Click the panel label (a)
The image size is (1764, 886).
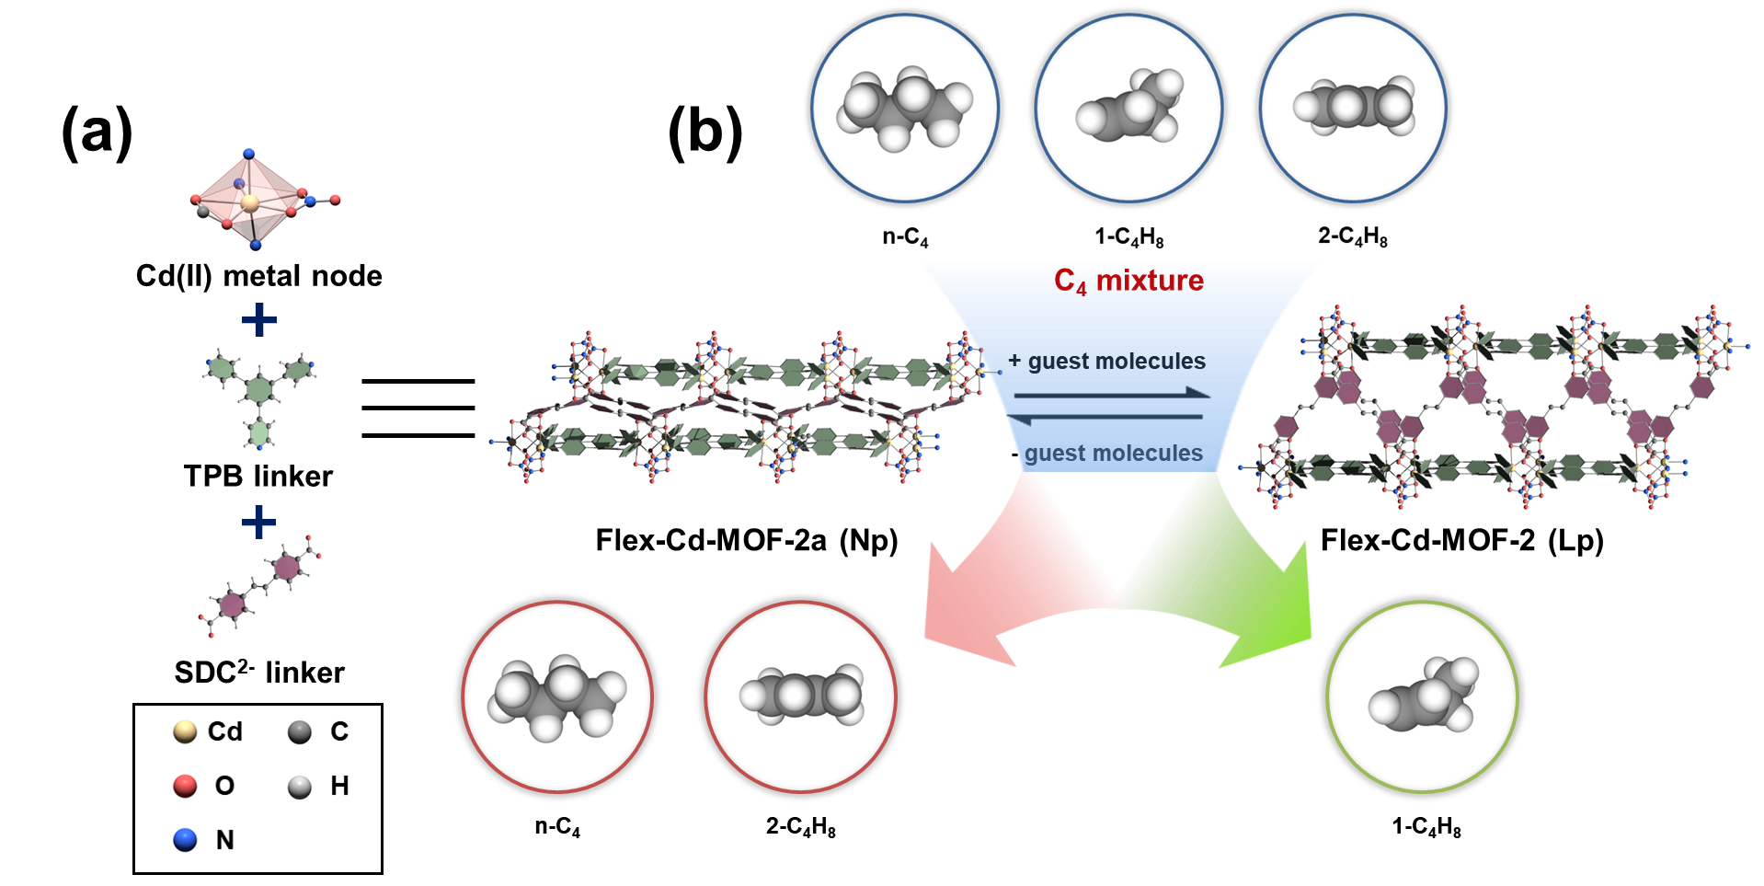pos(97,131)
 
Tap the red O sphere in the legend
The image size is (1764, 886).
pos(185,786)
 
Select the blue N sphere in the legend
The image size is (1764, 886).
pos(185,840)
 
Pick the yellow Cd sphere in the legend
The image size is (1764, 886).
pos(185,731)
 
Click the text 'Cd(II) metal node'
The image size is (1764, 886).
pos(258,276)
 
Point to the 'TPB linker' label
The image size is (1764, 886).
pos(258,476)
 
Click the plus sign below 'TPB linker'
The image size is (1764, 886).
pos(258,523)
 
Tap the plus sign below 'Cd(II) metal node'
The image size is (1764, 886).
pos(258,320)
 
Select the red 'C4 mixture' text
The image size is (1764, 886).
pos(1128,281)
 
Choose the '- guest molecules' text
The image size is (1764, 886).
pos(1107,453)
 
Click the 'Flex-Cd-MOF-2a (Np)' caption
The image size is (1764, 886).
pos(746,540)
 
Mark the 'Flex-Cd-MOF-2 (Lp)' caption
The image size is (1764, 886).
pos(1461,540)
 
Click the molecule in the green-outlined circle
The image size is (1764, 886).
pos(1422,696)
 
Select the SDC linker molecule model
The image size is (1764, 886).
pos(261,585)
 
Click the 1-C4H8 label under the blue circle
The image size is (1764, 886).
pos(1128,237)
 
